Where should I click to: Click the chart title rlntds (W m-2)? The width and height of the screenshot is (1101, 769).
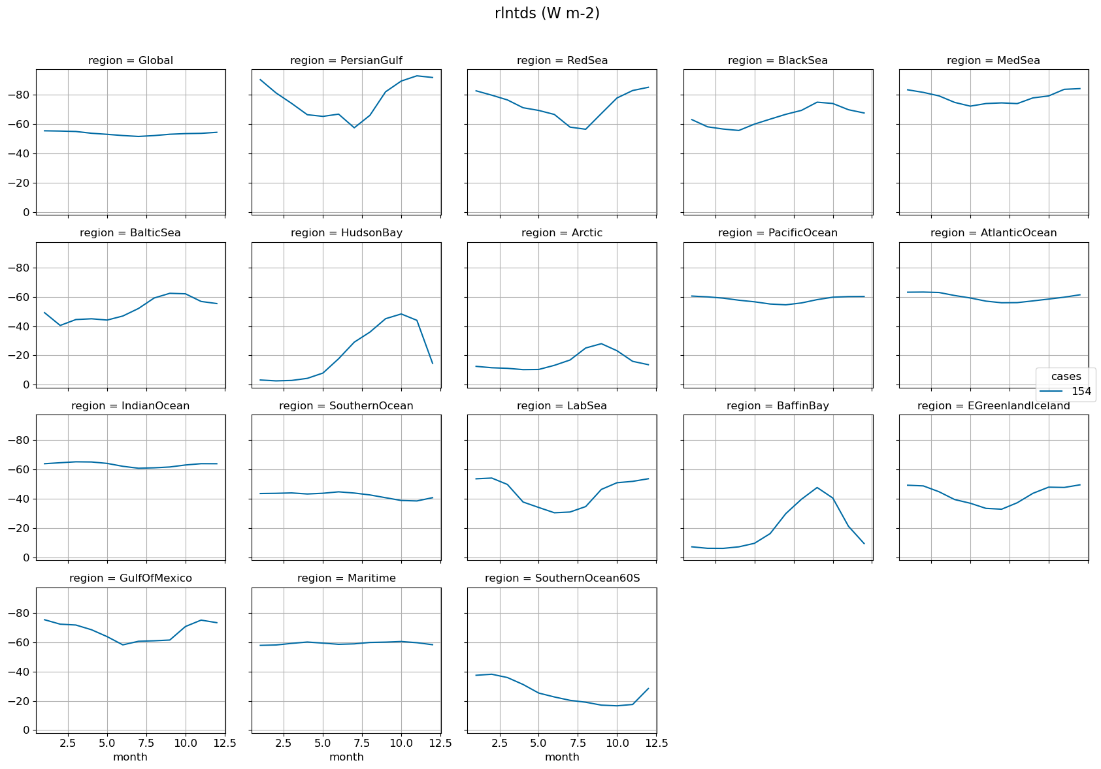[x=547, y=13]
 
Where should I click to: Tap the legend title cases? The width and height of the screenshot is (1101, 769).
[x=1066, y=376]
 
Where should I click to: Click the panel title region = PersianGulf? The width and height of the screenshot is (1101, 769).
[x=346, y=61]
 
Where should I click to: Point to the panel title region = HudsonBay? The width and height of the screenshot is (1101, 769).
[x=346, y=233]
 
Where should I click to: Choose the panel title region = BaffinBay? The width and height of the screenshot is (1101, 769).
[x=778, y=406]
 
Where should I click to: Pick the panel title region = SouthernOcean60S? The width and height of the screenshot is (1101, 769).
[x=562, y=578]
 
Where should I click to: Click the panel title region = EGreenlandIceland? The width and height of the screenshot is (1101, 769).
[x=993, y=406]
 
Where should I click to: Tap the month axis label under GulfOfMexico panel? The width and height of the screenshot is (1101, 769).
[x=130, y=757]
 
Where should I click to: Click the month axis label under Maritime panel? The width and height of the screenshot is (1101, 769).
[x=346, y=757]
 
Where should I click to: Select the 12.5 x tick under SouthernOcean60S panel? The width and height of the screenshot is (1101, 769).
[x=656, y=743]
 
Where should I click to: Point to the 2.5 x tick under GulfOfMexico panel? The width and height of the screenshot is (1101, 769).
[x=68, y=743]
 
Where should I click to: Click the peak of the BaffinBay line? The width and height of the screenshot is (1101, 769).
[x=817, y=488]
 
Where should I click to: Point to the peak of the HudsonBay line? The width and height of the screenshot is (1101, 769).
[x=401, y=314]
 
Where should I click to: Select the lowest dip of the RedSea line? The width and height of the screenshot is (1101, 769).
[x=585, y=129]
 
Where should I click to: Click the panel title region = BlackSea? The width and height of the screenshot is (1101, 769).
[x=778, y=61]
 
